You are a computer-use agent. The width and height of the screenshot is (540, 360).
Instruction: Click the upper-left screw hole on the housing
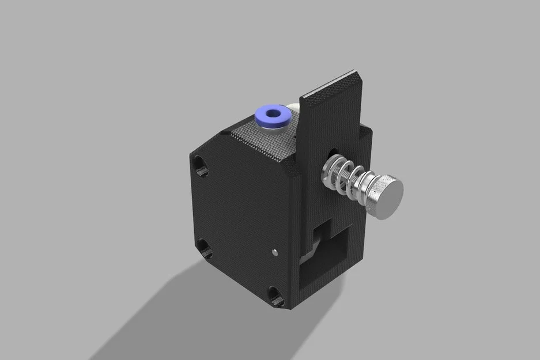pos(199,166)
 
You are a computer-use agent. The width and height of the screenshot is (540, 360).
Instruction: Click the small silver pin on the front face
pos(274,251)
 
